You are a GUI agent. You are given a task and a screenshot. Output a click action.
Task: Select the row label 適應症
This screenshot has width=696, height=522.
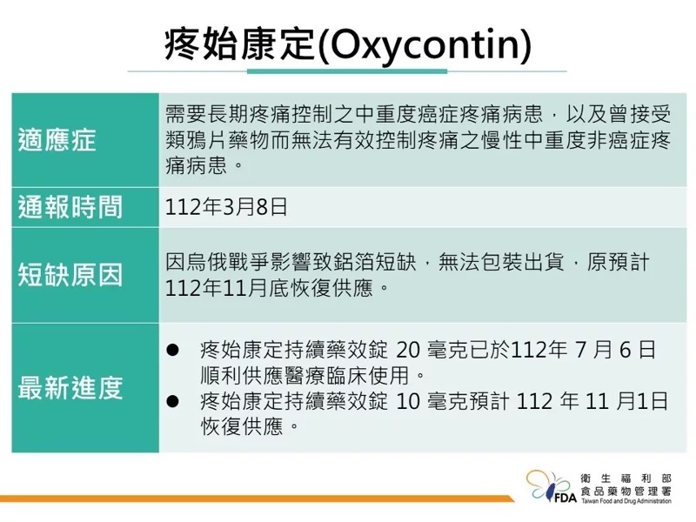click(57, 140)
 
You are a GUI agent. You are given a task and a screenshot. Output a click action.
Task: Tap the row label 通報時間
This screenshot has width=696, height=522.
click(70, 207)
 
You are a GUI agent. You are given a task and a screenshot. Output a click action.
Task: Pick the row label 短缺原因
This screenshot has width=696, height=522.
click(70, 275)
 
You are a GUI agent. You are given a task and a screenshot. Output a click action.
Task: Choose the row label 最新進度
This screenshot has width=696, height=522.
click(70, 387)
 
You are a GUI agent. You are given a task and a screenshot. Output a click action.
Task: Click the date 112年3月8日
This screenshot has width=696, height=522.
click(226, 207)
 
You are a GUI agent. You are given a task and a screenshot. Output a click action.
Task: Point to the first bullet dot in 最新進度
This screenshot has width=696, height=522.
click(172, 350)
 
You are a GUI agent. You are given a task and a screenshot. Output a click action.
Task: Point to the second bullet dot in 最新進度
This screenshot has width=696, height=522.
click(172, 401)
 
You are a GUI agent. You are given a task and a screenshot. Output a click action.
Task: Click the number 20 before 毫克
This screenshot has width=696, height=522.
click(407, 351)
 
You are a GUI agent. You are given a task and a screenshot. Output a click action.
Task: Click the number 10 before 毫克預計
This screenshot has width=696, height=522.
click(407, 402)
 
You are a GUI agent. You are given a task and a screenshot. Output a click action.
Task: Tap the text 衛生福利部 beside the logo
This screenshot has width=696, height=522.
click(626, 478)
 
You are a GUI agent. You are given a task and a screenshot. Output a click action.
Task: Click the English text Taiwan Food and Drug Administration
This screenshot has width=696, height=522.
click(626, 501)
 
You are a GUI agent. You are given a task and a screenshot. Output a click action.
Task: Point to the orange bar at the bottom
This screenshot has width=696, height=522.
click(257, 499)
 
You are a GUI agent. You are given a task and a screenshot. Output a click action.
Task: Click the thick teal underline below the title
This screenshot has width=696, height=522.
click(347, 71)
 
